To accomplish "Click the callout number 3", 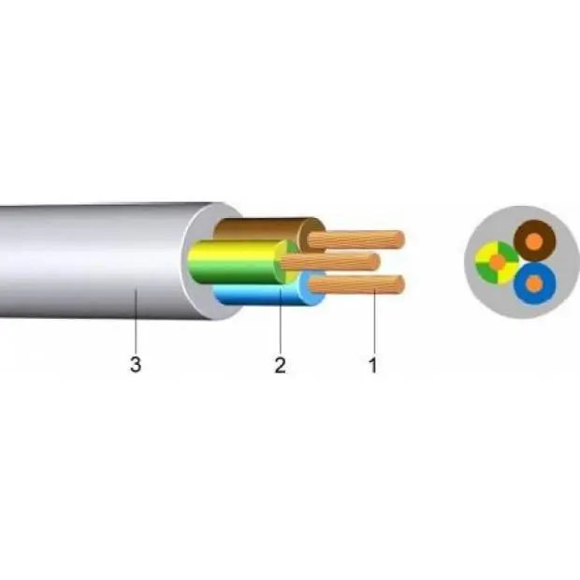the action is pyautogui.click(x=136, y=364).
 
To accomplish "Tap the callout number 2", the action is pyautogui.click(x=280, y=365).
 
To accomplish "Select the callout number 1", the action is pyautogui.click(x=373, y=365).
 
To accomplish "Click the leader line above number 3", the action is pyautogui.click(x=136, y=321).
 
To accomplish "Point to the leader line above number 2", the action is pyautogui.click(x=281, y=321).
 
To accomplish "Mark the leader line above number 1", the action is pyautogui.click(x=374, y=321).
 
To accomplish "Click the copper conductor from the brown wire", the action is pyautogui.click(x=355, y=239).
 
